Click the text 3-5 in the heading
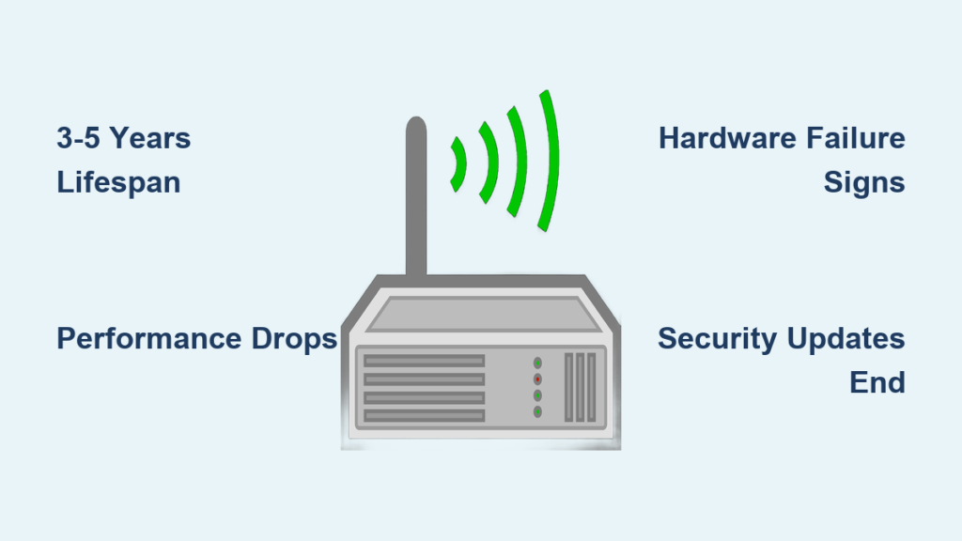pyautogui.click(x=78, y=138)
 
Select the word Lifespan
pyautogui.click(x=118, y=183)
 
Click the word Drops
pyautogui.click(x=294, y=338)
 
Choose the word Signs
pyautogui.click(x=864, y=183)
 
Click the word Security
pyautogui.click(x=717, y=338)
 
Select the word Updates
pyautogui.click(x=846, y=338)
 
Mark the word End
pyautogui.click(x=877, y=383)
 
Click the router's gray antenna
pyautogui.click(x=416, y=196)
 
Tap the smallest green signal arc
pyautogui.click(x=458, y=164)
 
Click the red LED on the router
pyautogui.click(x=537, y=379)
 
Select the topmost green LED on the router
pyautogui.click(x=537, y=363)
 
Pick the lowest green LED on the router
pyautogui.click(x=537, y=411)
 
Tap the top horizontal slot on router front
pyautogui.click(x=424, y=361)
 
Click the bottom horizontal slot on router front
pyautogui.click(x=424, y=416)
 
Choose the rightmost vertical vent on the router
pyautogui.click(x=592, y=387)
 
